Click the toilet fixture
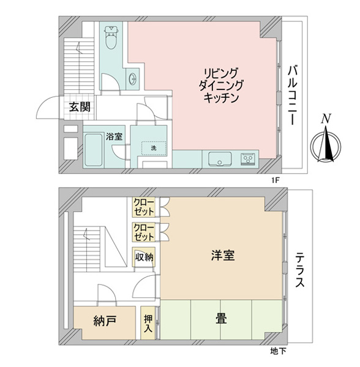point(111,37)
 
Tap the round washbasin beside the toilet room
point(133,79)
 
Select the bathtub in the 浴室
point(94,150)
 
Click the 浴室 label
point(114,136)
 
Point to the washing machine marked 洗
point(154,148)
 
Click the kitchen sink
point(220,159)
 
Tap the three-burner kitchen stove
point(247,159)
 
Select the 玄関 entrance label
point(80,108)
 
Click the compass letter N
point(326,119)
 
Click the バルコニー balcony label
point(293,95)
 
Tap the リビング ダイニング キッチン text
point(221,86)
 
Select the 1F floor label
point(276,180)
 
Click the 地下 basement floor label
point(278,351)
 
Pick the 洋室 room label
point(222,255)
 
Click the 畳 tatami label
point(222,319)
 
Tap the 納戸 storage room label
point(105,321)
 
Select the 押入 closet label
point(148,324)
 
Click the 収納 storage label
point(144,258)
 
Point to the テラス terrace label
point(299,270)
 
